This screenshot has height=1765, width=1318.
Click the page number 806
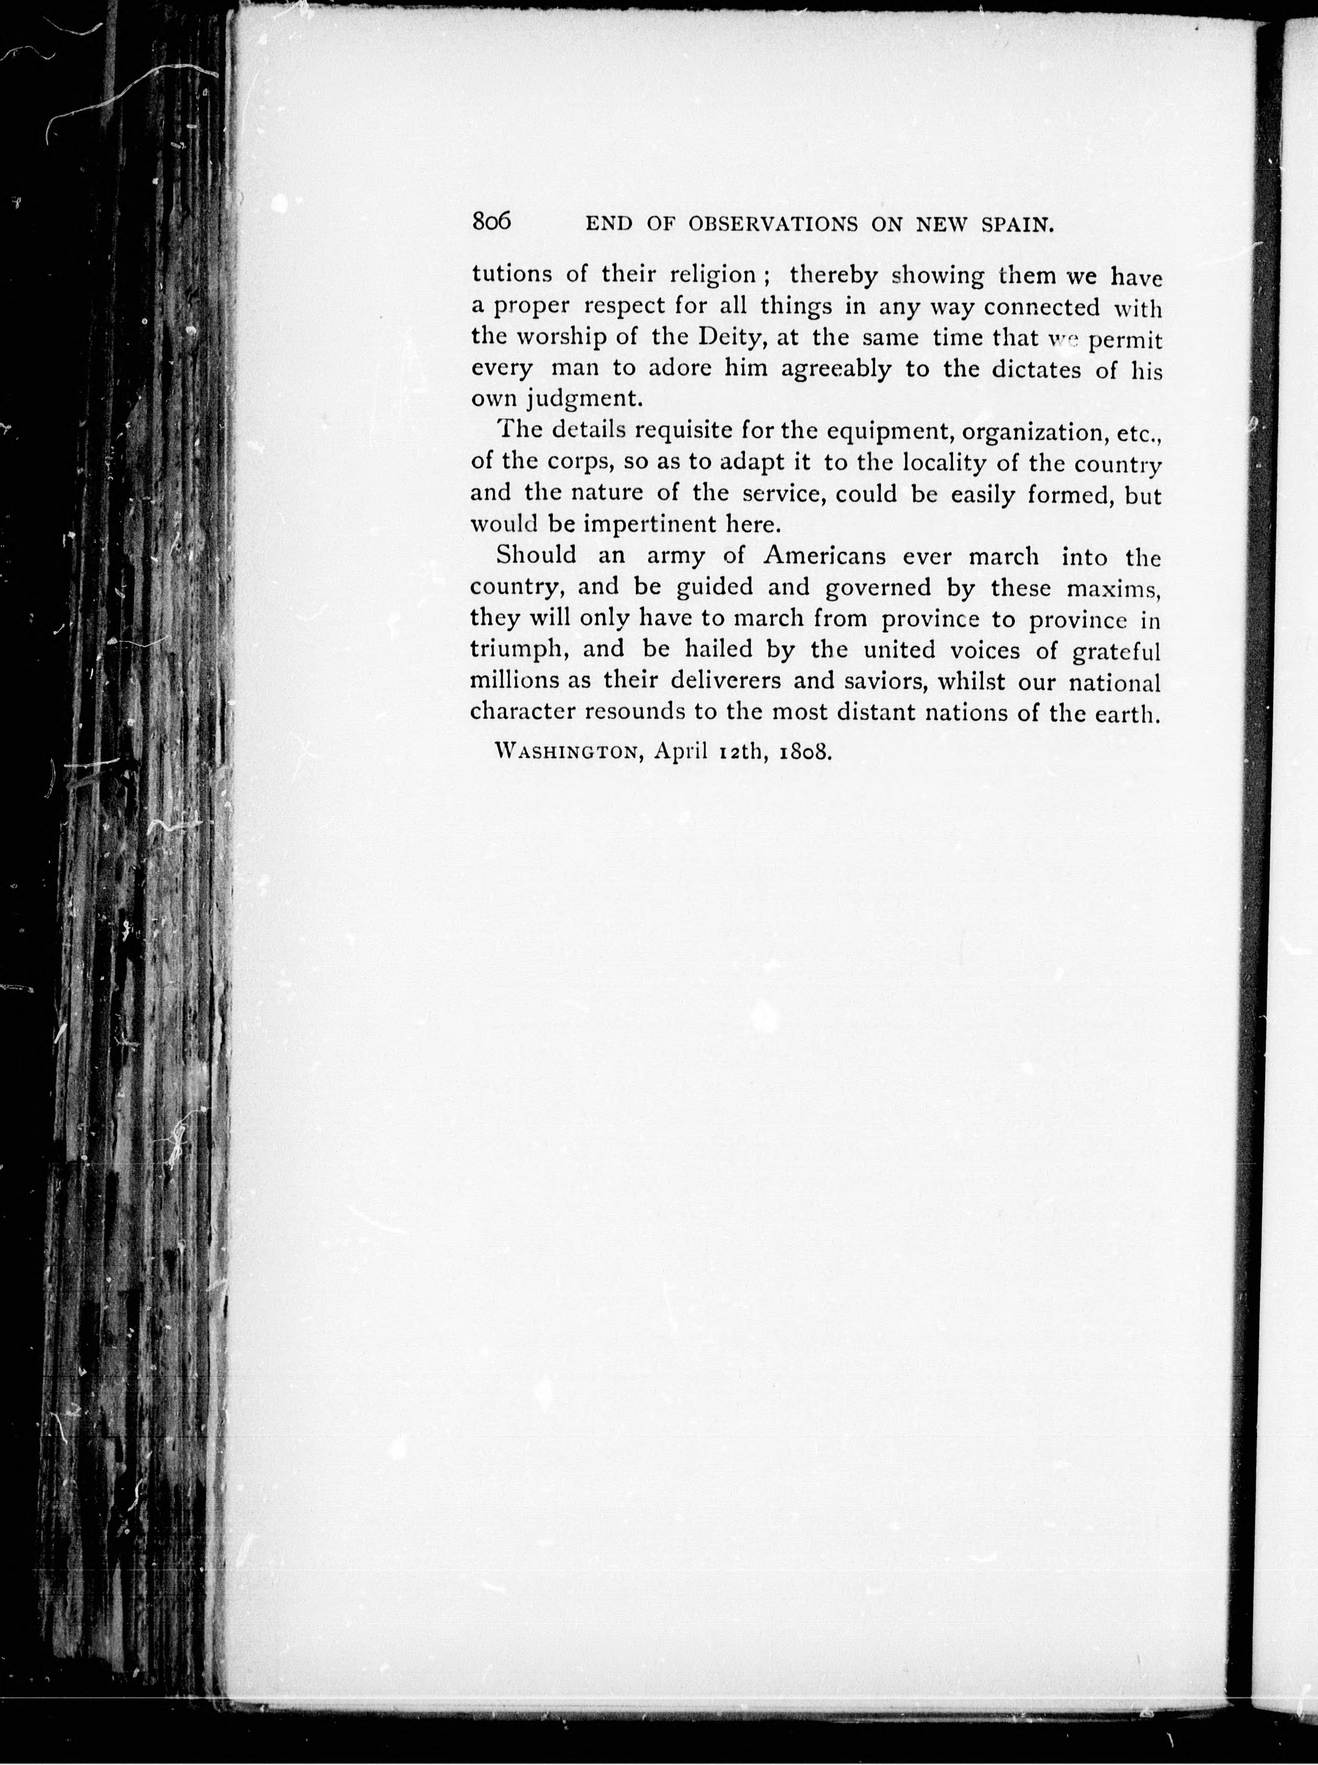tap(491, 221)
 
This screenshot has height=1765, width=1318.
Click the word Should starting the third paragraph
tap(536, 555)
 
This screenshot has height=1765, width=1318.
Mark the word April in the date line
tap(680, 753)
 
